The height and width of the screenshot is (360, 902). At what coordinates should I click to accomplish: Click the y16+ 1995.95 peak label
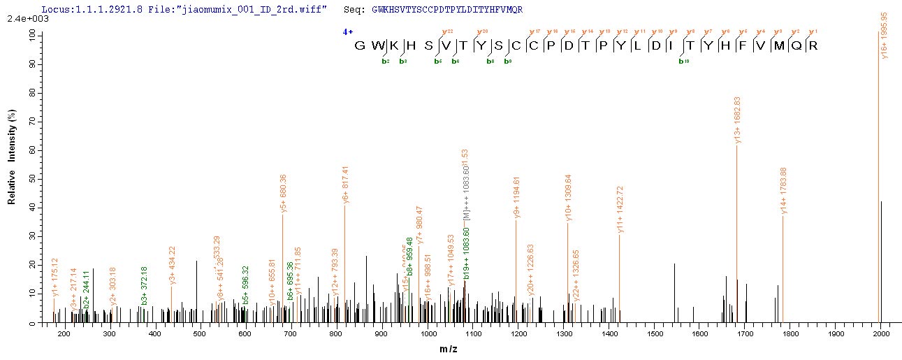pos(885,35)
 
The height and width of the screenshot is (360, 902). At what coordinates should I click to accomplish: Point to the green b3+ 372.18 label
pos(145,285)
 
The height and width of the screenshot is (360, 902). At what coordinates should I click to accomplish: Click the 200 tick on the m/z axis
pos(64,334)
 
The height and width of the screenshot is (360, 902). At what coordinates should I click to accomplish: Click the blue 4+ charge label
pos(347,31)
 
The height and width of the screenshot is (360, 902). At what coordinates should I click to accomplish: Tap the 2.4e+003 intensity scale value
pos(22,19)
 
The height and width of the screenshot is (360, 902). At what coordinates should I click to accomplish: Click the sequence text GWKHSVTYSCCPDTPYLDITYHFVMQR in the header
pos(447,9)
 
